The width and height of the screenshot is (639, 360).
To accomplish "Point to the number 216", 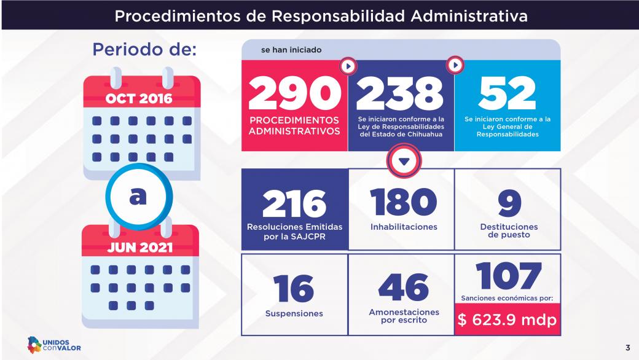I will (294, 202).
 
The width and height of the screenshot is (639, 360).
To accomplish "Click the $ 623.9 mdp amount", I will (508, 321).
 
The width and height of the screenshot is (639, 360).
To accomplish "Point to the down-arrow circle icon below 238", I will (404, 162).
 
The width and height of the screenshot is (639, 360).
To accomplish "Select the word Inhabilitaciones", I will (404, 227).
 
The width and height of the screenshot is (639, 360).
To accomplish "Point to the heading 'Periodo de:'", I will (144, 49).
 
